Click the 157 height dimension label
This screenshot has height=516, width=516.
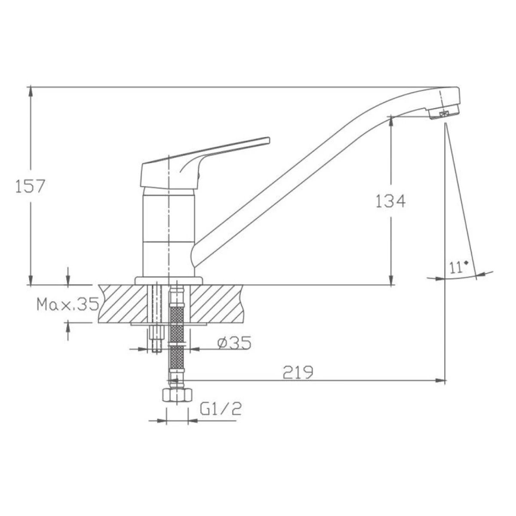coord(30,186)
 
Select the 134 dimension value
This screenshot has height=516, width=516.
coord(390,201)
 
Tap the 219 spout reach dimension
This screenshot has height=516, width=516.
coord(298,372)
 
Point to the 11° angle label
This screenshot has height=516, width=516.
coord(459,267)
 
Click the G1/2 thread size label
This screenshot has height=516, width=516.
coord(221,408)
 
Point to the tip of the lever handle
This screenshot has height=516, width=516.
coord(269,141)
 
